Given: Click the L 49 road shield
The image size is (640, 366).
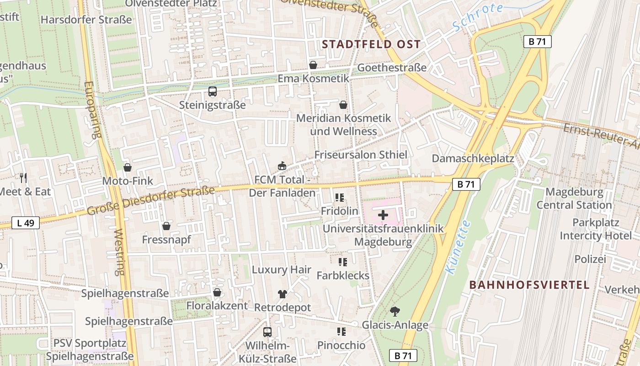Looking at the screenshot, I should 26,223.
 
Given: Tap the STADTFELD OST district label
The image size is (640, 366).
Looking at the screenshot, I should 371,44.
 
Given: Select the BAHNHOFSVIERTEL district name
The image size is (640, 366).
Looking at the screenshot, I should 529,285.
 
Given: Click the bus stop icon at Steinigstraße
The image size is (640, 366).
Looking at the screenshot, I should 213,91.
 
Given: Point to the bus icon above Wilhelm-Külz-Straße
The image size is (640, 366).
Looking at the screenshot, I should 267,332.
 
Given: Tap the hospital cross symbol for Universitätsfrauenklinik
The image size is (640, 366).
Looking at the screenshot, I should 383,215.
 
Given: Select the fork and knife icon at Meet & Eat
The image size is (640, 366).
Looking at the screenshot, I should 23,178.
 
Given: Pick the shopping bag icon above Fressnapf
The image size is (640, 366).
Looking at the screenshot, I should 166,226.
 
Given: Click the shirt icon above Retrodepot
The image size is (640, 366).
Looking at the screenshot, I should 282,294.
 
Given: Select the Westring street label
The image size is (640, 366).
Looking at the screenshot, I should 119,252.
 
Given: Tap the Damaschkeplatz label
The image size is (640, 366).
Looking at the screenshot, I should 473,159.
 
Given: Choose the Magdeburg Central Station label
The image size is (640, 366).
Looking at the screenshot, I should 574,198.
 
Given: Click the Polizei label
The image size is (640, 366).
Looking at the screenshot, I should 590,259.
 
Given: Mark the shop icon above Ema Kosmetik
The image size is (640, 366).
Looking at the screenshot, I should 313,65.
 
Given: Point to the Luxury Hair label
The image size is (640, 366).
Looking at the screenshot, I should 281,270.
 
